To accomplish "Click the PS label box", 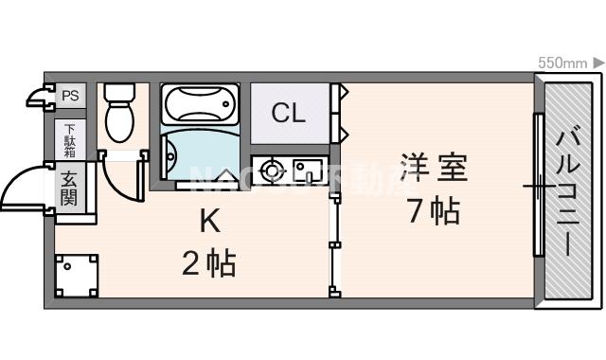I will coord(70,96).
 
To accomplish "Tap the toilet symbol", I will coord(120,120).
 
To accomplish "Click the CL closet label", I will coord(289,114).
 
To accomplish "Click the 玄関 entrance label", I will coord(70,187).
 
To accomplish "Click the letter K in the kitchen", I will coord(209,223).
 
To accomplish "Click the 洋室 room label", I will coord(433,168).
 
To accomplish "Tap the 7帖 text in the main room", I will coord(433,210).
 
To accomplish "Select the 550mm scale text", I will coord(562,63).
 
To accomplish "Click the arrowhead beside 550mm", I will coord(598,63).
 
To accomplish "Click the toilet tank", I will coord(119,93).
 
